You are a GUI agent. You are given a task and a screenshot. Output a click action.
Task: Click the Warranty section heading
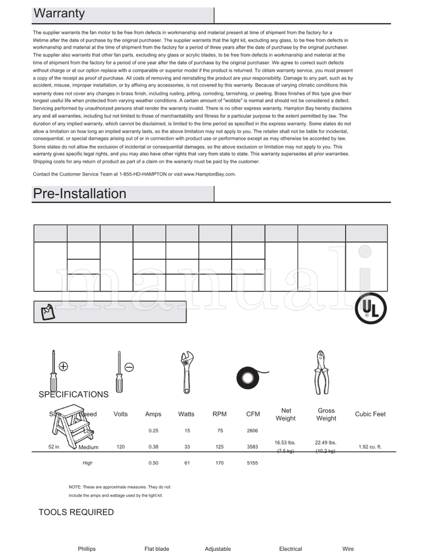pos(59,13)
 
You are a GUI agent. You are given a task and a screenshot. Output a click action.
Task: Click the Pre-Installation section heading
pos(80,193)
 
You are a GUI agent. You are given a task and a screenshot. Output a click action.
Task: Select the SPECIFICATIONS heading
pos(73,395)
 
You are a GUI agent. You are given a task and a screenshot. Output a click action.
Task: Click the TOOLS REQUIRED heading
pos(76,512)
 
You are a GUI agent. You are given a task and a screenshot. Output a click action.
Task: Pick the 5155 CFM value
pos(253,463)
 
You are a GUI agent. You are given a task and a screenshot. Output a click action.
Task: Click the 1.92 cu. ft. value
pos(370,447)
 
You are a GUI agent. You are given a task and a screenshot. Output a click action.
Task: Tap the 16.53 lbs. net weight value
pos(285,442)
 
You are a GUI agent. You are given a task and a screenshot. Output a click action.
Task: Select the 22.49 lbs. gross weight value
pos(326,442)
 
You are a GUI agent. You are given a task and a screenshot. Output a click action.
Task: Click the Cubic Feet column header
pos(370,414)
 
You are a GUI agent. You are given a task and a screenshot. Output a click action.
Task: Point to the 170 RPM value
pos(219,463)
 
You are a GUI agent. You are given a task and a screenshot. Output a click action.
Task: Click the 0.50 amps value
pos(153,463)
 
